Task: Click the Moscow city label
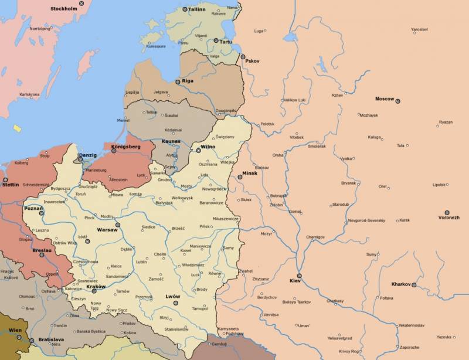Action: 385,99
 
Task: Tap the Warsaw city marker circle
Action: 117,225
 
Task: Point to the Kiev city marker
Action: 299,276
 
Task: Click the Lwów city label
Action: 172,297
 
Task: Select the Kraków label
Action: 96,286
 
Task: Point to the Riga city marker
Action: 178,82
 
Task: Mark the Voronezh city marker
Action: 447,212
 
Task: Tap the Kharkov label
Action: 402,284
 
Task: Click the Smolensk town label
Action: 317,145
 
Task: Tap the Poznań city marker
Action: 42,213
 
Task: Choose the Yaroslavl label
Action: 419,29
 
